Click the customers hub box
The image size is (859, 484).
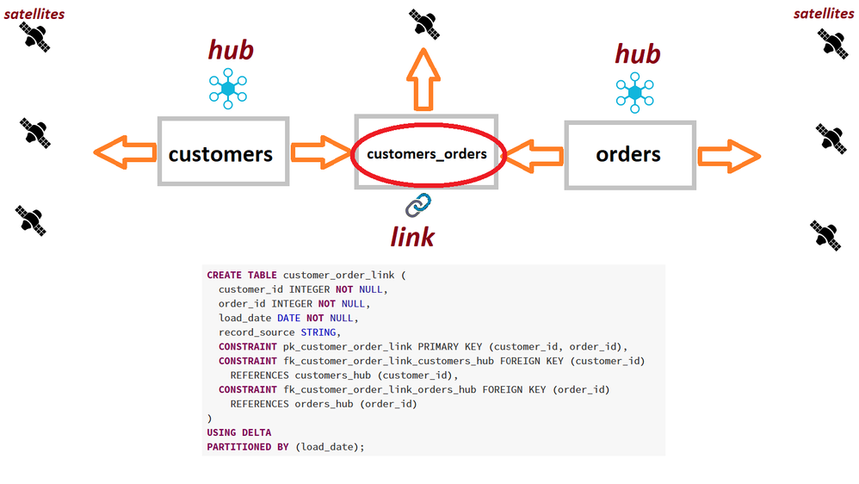[x=223, y=152]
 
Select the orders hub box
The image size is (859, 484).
[x=629, y=154]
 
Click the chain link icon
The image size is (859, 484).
[x=418, y=205]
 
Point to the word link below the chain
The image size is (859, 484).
[x=412, y=235]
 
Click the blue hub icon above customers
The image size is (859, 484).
[x=228, y=88]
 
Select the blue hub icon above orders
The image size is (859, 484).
[x=635, y=92]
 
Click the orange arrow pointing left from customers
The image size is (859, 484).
[x=125, y=152]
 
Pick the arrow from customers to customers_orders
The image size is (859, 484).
[x=319, y=152]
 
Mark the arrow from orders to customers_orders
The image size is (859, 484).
[x=534, y=156]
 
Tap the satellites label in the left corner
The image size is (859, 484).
[x=34, y=13]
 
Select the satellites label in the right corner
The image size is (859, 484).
[x=824, y=13]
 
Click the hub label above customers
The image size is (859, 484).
[x=231, y=50]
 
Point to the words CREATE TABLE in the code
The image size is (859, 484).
[x=242, y=275]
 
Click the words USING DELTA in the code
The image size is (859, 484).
[x=239, y=432]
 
